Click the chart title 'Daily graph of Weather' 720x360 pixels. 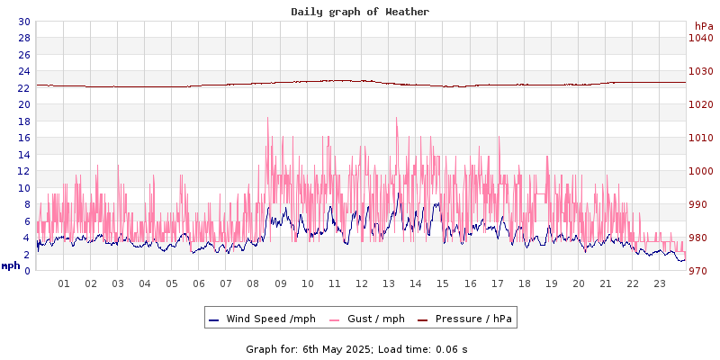(x=360, y=12)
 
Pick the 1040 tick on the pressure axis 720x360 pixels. (x=701, y=38)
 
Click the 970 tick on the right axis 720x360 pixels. (x=701, y=271)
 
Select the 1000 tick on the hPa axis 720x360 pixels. (x=701, y=171)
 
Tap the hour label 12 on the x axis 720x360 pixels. (x=362, y=283)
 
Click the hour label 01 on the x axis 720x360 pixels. (x=64, y=283)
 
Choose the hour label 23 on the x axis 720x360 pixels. (x=660, y=283)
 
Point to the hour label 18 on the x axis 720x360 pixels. (x=524, y=283)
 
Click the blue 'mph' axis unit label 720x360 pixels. (x=11, y=265)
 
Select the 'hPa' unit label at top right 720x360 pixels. (x=703, y=26)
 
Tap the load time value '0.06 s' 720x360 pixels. (x=451, y=349)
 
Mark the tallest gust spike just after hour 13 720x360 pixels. (x=396, y=118)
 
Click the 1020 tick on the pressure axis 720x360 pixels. (x=701, y=104)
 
